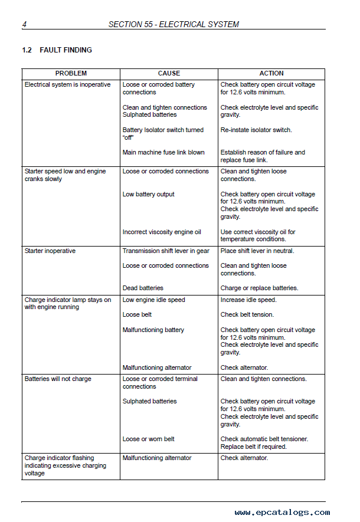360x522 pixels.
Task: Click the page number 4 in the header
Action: pos(24,24)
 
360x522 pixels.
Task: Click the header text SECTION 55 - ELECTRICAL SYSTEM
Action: pos(174,24)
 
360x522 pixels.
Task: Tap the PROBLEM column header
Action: pos(71,74)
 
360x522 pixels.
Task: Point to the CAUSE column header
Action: pos(169,74)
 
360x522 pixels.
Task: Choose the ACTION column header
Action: pos(271,74)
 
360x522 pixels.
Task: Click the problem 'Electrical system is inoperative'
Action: pos(67,85)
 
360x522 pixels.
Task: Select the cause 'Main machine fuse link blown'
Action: pos(163,152)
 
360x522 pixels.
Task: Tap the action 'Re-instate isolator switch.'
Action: pos(256,130)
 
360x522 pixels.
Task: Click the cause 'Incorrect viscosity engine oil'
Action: pos(162,232)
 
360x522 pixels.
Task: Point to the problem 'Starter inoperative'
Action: pos(50,251)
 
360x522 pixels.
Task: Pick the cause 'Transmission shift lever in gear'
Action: pos(166,251)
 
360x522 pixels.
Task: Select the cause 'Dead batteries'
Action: pos(143,288)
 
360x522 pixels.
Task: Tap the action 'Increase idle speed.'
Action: pos(248,300)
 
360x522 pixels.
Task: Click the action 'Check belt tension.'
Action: pos(247,315)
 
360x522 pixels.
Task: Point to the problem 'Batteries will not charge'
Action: pos(58,379)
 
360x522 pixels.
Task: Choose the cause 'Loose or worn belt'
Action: pos(149,439)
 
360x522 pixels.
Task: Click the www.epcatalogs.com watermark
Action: pos(282,513)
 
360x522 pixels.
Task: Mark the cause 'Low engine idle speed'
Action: pos(153,300)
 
